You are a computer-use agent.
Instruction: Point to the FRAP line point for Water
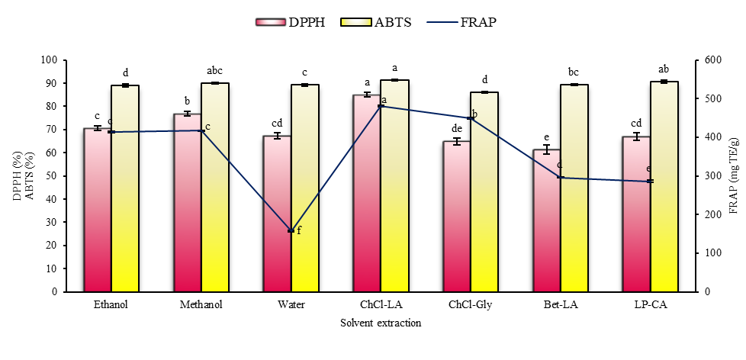click(291, 230)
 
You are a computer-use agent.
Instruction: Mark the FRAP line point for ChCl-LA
click(381, 106)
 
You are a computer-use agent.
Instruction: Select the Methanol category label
click(201, 305)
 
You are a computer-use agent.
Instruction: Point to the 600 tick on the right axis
click(710, 60)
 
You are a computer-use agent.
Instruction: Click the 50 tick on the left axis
click(53, 176)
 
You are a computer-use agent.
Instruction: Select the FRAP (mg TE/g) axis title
click(735, 176)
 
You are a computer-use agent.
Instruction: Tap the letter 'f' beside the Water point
click(299, 230)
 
